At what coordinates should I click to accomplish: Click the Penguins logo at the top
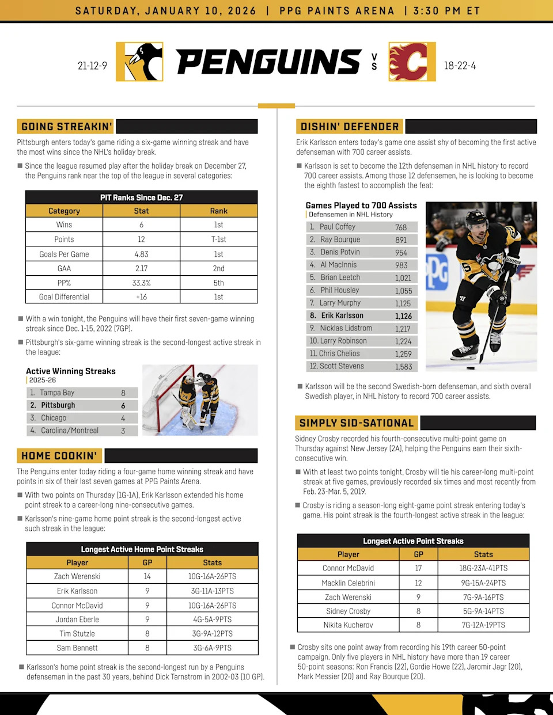[139, 62]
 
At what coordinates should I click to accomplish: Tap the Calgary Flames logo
[412, 62]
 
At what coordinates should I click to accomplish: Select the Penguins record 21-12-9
[92, 66]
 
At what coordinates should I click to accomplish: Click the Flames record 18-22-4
[460, 66]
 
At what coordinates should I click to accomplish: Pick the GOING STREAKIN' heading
[66, 127]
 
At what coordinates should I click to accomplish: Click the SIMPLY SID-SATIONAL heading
[357, 423]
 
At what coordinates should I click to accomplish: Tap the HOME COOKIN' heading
[59, 456]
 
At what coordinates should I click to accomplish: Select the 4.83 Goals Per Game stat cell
[141, 254]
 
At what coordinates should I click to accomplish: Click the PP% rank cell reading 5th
[218, 283]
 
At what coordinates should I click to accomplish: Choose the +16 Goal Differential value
[141, 297]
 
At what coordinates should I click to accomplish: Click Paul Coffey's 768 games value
[401, 227]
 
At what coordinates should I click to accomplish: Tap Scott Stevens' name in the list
[342, 366]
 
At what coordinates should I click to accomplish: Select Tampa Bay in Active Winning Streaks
[57, 393]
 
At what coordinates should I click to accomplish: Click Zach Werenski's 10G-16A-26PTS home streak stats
[212, 576]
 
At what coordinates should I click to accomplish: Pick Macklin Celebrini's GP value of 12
[418, 583]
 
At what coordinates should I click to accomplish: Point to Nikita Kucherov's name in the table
[348, 625]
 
